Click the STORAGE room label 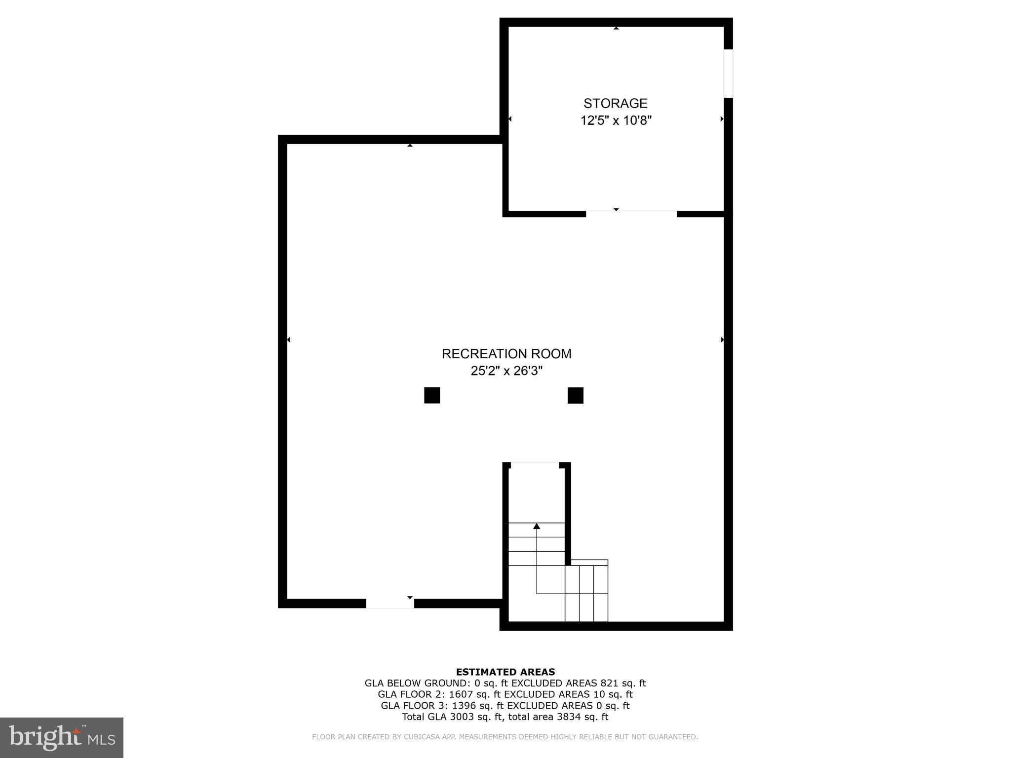pyautogui.click(x=615, y=103)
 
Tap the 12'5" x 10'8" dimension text pyautogui.click(x=616, y=120)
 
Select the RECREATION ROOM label pyautogui.click(x=506, y=354)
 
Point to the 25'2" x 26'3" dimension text pyautogui.click(x=506, y=371)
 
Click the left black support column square pyautogui.click(x=432, y=395)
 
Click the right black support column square pyautogui.click(x=575, y=395)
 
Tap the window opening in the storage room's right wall pyautogui.click(x=728, y=74)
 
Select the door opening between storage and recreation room pyautogui.click(x=631, y=214)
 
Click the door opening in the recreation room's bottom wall pyautogui.click(x=389, y=603)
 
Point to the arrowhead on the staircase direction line pyautogui.click(x=537, y=526)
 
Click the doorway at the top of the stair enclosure pyautogui.click(x=534, y=464)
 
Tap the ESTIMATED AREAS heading pyautogui.click(x=505, y=672)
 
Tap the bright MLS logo pyautogui.click(x=62, y=737)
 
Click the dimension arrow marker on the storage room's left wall pyautogui.click(x=510, y=119)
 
